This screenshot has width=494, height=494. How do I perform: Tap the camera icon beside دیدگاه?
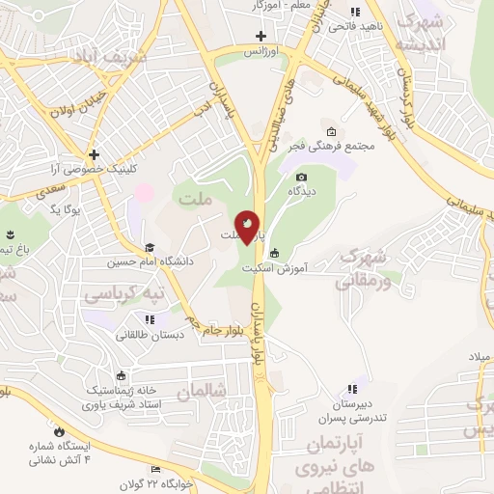(x=301, y=177)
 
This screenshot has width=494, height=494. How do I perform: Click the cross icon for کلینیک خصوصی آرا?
(x=94, y=153)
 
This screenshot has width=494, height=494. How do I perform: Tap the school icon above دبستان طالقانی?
(x=149, y=318)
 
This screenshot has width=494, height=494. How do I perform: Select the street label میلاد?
(x=480, y=357)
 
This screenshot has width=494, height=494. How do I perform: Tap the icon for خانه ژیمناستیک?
(x=121, y=376)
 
